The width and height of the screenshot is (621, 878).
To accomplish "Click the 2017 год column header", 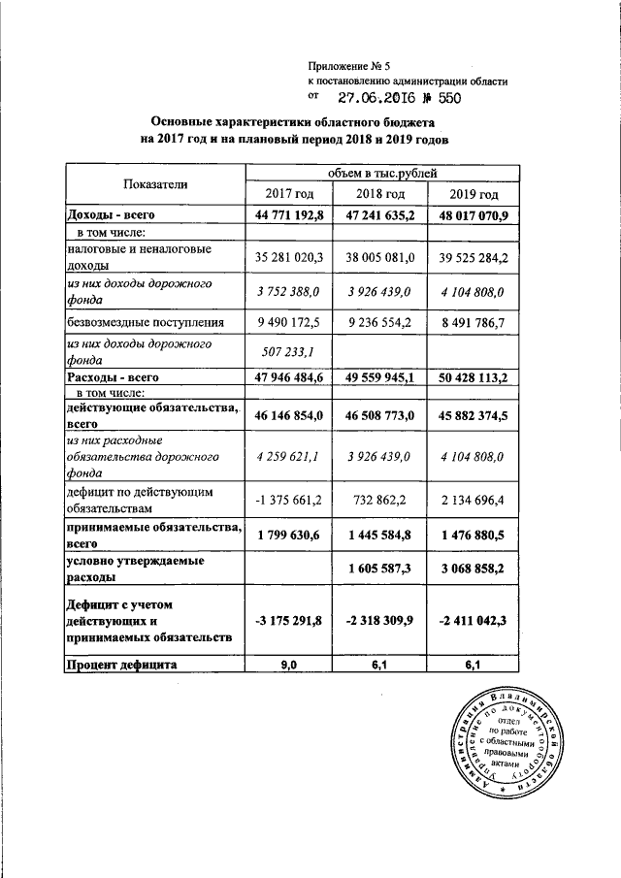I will (288, 197).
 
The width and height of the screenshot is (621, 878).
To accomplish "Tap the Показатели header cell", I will (155, 184).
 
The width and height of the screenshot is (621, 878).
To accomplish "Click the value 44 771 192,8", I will (288, 214).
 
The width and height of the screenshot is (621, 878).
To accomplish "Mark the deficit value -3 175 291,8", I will (288, 620).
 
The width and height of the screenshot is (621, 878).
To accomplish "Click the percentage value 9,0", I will (288, 665).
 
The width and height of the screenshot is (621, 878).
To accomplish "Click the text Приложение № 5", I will (347, 64).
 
